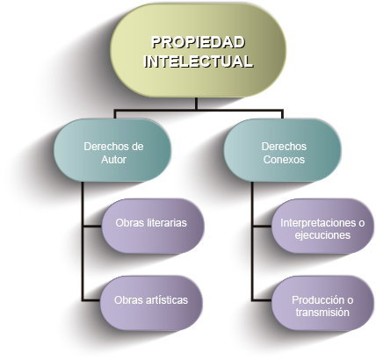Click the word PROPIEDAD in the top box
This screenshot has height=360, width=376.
coord(198,42)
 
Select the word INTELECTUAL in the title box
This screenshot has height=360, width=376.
coord(199,61)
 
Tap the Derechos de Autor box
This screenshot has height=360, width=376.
coord(112,150)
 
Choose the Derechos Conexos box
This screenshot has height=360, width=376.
coord(283,150)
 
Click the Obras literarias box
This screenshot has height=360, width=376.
coord(153,226)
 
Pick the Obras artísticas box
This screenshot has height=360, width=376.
coord(151,303)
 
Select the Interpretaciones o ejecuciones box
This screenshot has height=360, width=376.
coord(322,226)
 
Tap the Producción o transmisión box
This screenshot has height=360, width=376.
coord(322,303)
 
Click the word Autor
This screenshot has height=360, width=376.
coord(113,160)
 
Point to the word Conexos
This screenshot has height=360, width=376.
coord(284,160)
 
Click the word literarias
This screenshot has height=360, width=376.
coord(166,223)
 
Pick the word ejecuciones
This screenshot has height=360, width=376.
coord(322,235)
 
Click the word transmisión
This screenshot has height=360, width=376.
coord(322,313)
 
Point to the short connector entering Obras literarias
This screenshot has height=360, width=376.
coord(92,226)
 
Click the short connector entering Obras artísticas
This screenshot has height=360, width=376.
coord(91,300)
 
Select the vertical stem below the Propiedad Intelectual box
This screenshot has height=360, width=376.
coord(196,104)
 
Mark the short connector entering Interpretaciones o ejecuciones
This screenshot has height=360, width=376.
coord(263,226)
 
